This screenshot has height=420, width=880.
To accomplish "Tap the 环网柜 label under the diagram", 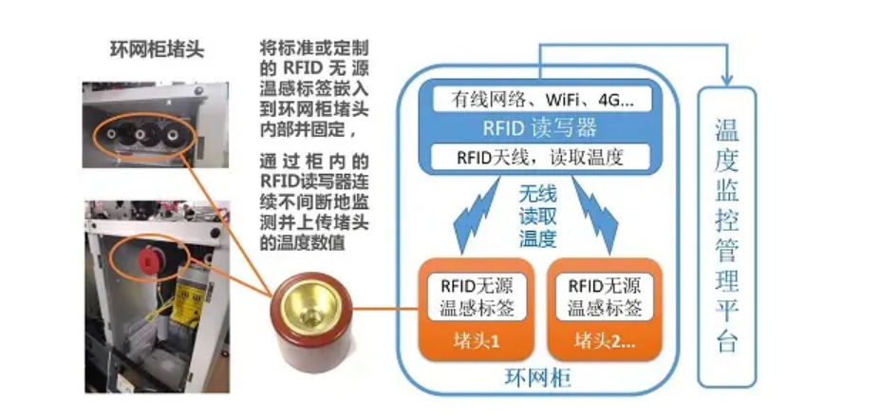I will point(534,382).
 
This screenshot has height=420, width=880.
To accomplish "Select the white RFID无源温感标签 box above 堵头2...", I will point(604,296).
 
